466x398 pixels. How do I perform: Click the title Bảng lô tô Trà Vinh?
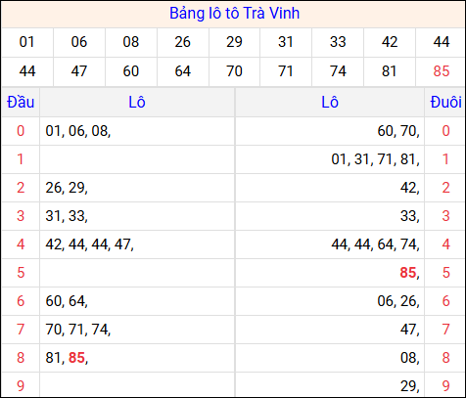tap(233, 14)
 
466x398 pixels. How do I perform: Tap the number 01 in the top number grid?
tap(26, 42)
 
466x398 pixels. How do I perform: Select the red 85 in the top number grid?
tap(441, 70)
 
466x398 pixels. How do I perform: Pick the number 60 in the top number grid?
tap(130, 70)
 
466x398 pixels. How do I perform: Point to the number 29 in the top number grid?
tap(234, 42)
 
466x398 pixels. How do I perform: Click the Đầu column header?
tap(20, 102)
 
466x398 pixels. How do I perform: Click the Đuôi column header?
tap(445, 102)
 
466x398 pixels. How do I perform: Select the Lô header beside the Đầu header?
tap(136, 102)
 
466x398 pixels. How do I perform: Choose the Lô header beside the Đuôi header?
tap(330, 102)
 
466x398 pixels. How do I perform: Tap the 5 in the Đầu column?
tap(20, 273)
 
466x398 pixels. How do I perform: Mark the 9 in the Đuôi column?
tap(445, 386)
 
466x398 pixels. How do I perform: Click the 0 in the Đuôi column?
tap(445, 131)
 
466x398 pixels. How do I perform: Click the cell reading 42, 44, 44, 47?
tap(89, 244)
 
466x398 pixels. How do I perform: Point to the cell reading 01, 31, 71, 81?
tap(376, 159)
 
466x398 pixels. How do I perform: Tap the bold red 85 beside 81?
tap(76, 358)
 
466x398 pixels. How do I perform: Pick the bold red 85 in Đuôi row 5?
tap(408, 273)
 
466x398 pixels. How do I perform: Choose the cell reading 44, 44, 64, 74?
tap(376, 244)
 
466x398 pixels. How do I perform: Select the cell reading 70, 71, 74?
tap(77, 330)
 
